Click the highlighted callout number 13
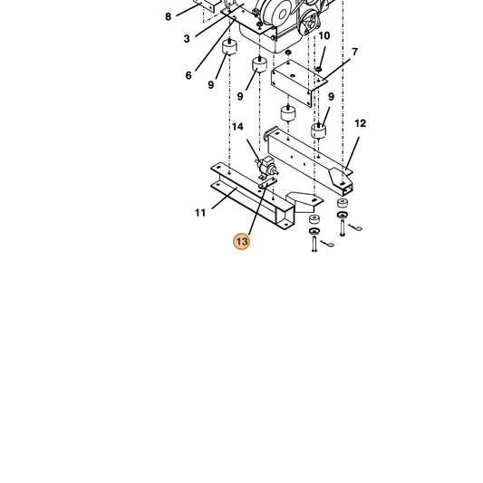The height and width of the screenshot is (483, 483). pos(241,241)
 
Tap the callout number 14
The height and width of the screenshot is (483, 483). pos(237,127)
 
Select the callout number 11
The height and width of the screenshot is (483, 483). pos(200,213)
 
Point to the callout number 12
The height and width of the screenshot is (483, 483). pos(360,123)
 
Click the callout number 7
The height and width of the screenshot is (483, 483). pos(355,52)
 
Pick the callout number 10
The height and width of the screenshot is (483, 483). pos(324,35)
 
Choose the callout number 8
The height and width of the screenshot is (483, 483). pos(168,16)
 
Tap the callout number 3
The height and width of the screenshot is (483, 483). pos(187,39)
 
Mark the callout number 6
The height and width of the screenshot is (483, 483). pos(188,75)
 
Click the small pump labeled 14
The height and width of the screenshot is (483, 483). pos(266,167)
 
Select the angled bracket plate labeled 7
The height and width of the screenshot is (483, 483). pos(298,82)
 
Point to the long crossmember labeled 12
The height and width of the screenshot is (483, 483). pos(310,160)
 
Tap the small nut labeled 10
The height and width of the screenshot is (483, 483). pos(319,69)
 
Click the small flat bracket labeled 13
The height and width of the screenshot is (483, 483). pos(267,182)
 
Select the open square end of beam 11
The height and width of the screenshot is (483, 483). pos(285,218)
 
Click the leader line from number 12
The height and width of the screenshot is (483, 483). pos(353,153)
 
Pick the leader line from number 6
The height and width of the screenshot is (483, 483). pos(216,44)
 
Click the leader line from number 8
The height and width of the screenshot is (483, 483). pos(188,9)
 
